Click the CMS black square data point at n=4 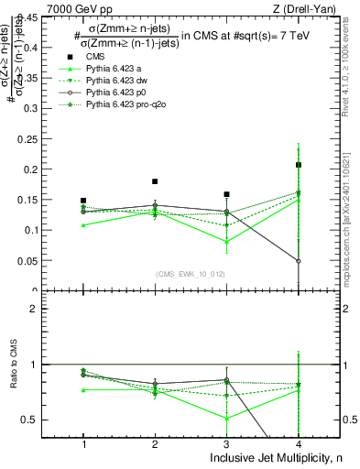299,165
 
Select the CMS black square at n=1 83,201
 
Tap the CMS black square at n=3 226,194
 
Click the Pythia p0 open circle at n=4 299,261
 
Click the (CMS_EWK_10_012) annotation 190,273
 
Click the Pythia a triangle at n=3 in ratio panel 226,419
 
